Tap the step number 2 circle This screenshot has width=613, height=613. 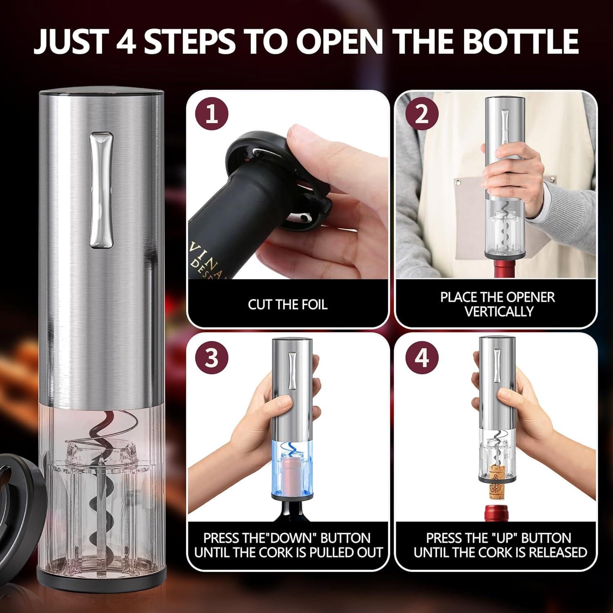tap(421, 114)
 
